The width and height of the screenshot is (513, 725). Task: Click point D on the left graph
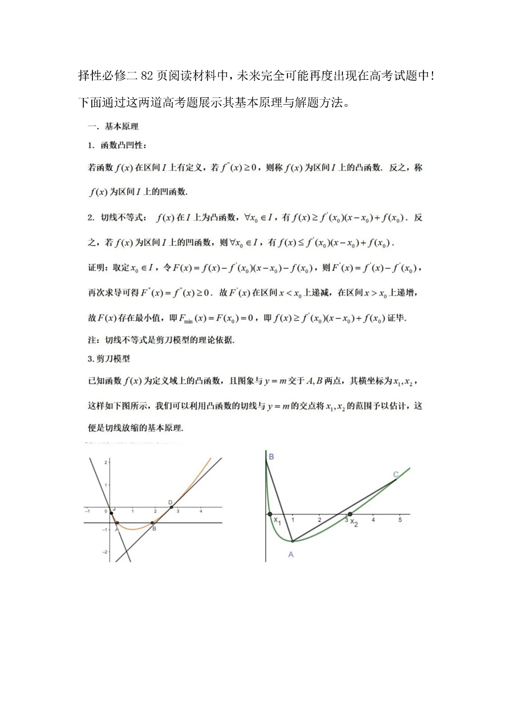pos(171,507)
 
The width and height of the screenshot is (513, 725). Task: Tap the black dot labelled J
pos(111,513)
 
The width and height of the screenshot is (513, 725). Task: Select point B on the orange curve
pos(152,523)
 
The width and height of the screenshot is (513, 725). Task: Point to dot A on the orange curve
pos(117,523)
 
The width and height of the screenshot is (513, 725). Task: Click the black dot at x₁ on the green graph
pos(269,514)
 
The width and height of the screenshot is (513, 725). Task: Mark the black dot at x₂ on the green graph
pos(350,514)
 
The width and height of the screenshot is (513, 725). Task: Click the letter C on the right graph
pos(396,474)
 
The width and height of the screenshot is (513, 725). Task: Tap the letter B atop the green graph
pos(272,457)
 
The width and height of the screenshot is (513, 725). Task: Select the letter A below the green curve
pos(291,555)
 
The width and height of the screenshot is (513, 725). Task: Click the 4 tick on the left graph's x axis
pos(200,511)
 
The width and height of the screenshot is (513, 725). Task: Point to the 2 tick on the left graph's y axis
pos(105,463)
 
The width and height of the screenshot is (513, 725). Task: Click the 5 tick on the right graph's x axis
pos(400,519)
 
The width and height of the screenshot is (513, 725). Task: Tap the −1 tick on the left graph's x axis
pos(87,511)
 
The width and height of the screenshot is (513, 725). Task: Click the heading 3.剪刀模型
pos(109,359)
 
